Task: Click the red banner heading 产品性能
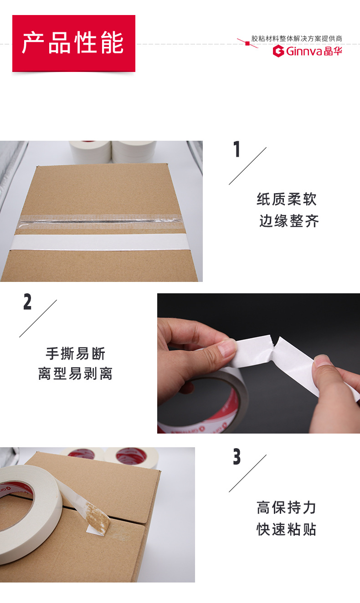click(x=73, y=43)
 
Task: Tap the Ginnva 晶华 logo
click(x=307, y=51)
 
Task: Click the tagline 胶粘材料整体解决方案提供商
click(x=297, y=39)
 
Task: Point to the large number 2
click(x=27, y=302)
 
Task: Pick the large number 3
click(x=237, y=457)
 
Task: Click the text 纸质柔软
click(x=287, y=199)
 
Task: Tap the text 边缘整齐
click(x=289, y=221)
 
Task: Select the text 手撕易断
click(x=75, y=353)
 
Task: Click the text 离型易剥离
click(x=75, y=374)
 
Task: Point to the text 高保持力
click(x=287, y=507)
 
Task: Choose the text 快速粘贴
click(x=287, y=529)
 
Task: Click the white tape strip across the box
click(x=100, y=242)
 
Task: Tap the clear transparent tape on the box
click(x=100, y=220)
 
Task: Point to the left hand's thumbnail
click(x=226, y=350)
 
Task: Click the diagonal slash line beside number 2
click(x=38, y=318)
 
